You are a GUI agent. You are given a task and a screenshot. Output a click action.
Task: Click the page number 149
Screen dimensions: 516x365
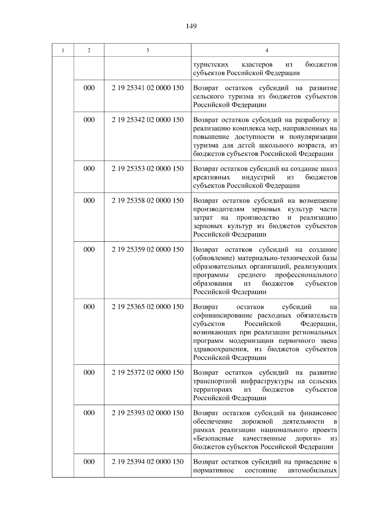pyautogui.click(x=191, y=26)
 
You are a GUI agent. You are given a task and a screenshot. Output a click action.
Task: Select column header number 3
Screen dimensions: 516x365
pyautogui.click(x=148, y=50)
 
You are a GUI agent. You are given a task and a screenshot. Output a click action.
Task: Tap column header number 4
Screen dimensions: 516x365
pyautogui.click(x=266, y=50)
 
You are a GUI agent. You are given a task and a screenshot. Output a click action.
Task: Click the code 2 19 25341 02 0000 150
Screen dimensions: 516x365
pyautogui.click(x=148, y=88)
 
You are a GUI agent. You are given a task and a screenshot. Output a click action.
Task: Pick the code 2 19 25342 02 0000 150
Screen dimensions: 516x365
pyautogui.click(x=148, y=120)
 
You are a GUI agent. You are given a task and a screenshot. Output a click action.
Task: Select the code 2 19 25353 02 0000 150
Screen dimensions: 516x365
pyautogui.click(x=148, y=169)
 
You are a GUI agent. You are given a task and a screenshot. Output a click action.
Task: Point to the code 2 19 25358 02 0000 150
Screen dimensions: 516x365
pyautogui.click(x=148, y=201)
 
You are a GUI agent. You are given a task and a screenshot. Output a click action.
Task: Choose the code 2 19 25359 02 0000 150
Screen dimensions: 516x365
pyautogui.click(x=148, y=250)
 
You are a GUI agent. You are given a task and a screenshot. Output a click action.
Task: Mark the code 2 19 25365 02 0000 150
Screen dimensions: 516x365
pyautogui.click(x=148, y=307)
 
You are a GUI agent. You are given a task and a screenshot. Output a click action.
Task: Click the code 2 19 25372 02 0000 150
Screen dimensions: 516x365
pyautogui.click(x=148, y=373)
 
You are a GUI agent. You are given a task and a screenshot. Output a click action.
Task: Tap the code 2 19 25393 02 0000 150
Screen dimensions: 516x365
pyautogui.click(x=148, y=413)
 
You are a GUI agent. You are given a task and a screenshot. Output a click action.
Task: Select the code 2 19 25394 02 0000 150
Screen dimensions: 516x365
pyautogui.click(x=148, y=462)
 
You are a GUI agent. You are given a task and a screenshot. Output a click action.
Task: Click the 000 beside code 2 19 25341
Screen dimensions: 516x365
pyautogui.click(x=89, y=88)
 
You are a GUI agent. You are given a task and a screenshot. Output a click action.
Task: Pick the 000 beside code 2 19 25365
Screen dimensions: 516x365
pyautogui.click(x=89, y=307)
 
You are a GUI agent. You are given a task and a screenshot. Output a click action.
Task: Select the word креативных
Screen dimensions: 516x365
pyautogui.click(x=211, y=177)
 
